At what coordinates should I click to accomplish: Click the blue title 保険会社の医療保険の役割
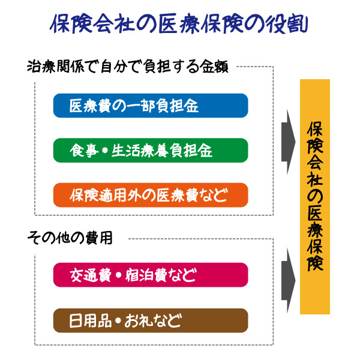pyautogui.click(x=179, y=24)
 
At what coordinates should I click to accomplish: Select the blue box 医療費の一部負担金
pyautogui.click(x=151, y=106)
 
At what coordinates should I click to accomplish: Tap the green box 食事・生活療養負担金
pyautogui.click(x=151, y=151)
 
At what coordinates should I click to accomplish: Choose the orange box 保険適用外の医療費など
pyautogui.click(x=151, y=195)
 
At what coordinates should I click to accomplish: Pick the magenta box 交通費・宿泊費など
pyautogui.click(x=151, y=275)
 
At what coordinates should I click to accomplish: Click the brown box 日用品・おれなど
pyautogui.click(x=151, y=320)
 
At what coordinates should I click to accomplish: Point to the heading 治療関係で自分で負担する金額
pyautogui.click(x=128, y=67)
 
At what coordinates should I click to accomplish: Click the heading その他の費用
pyautogui.click(x=70, y=238)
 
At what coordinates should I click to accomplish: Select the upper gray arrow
pyautogui.click(x=289, y=142)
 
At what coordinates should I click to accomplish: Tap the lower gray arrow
pyautogui.click(x=289, y=281)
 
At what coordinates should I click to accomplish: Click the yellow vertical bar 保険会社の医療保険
pyautogui.click(x=315, y=197)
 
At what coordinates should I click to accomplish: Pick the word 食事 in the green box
pyautogui.click(x=84, y=151)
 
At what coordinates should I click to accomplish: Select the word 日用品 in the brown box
pyautogui.click(x=91, y=321)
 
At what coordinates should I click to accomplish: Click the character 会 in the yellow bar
pyautogui.click(x=315, y=162)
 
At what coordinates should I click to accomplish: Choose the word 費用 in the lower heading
pyautogui.click(x=99, y=238)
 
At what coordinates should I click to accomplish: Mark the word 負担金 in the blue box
pyautogui.click(x=177, y=106)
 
